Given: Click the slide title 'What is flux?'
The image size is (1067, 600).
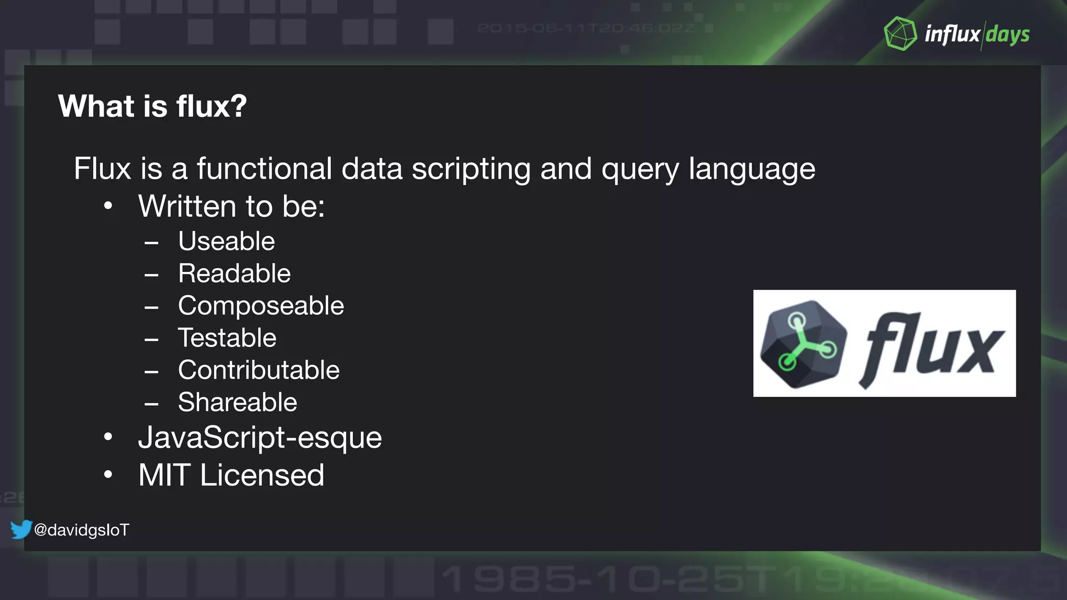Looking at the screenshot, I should pos(152,106).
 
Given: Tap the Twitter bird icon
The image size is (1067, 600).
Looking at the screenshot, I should pos(21,529).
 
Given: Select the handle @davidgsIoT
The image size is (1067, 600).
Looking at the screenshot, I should pos(81,530).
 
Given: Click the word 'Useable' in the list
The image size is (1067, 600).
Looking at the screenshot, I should pos(226,241).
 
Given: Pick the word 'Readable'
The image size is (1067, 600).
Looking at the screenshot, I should pos(234,273).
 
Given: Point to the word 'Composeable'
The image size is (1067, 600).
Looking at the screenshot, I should pos(260,306).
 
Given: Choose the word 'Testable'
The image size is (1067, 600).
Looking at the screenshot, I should pos(227,338).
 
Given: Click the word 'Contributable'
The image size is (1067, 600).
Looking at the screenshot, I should pos(258,370).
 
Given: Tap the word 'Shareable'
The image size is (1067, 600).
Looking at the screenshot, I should pos(237,403).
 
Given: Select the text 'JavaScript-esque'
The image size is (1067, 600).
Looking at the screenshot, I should pos(259,438).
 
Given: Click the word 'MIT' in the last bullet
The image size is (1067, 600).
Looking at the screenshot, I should pos(164,475).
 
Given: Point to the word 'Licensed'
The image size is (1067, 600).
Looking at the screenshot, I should pos(262,475).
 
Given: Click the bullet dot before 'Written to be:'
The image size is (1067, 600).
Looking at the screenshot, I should pos(108,206).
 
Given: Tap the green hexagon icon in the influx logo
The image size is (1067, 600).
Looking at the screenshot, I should pos(900,34).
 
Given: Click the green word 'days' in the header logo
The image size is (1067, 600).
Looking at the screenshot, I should pos(1008,35).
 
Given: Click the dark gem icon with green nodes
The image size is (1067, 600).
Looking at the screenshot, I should pos(803,344).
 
